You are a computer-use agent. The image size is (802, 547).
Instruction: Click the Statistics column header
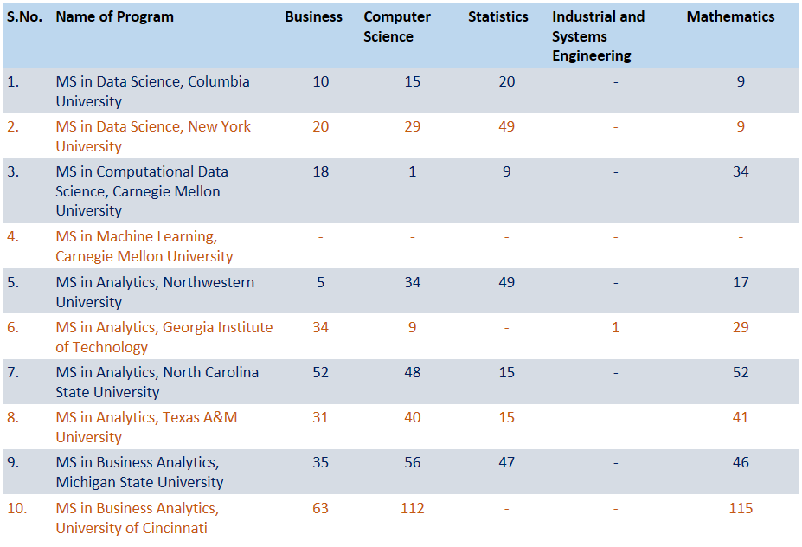497,16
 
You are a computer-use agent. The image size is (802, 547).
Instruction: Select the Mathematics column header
730,16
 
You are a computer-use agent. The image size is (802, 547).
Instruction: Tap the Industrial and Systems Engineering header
598,35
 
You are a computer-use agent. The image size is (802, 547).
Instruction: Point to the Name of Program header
114,16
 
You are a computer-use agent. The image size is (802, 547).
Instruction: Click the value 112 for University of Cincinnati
413,508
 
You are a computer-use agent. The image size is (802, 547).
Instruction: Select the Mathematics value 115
741,508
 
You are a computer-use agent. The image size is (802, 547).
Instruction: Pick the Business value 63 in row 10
321,508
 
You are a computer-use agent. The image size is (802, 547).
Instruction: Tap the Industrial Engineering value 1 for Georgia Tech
615,327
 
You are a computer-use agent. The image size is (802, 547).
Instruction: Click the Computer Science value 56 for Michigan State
413,462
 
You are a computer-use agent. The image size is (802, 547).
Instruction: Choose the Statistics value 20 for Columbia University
507,81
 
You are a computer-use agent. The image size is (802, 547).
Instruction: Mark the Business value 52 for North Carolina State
321,372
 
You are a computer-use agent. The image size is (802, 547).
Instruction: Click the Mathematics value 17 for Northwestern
741,282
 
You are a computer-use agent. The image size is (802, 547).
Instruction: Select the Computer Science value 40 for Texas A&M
413,417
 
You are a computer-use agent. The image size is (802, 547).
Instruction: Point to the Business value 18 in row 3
321,171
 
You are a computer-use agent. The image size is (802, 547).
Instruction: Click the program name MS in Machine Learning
144,246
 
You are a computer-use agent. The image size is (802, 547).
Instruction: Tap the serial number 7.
13,372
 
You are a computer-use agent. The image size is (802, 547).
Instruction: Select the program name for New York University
153,136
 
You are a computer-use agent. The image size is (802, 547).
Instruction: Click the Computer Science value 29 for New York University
413,126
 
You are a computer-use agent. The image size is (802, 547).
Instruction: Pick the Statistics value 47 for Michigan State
507,462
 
